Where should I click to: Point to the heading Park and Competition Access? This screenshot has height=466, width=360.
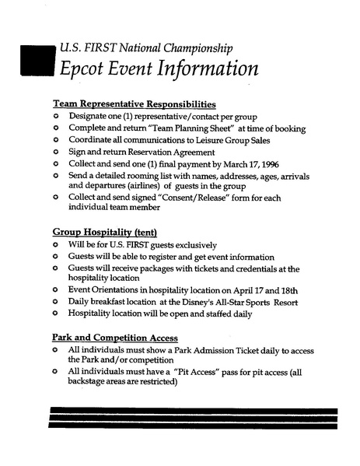[x=115, y=338]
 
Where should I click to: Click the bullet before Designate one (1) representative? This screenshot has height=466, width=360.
[x=56, y=115]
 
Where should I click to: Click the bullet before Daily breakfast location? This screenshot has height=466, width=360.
[x=56, y=301]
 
